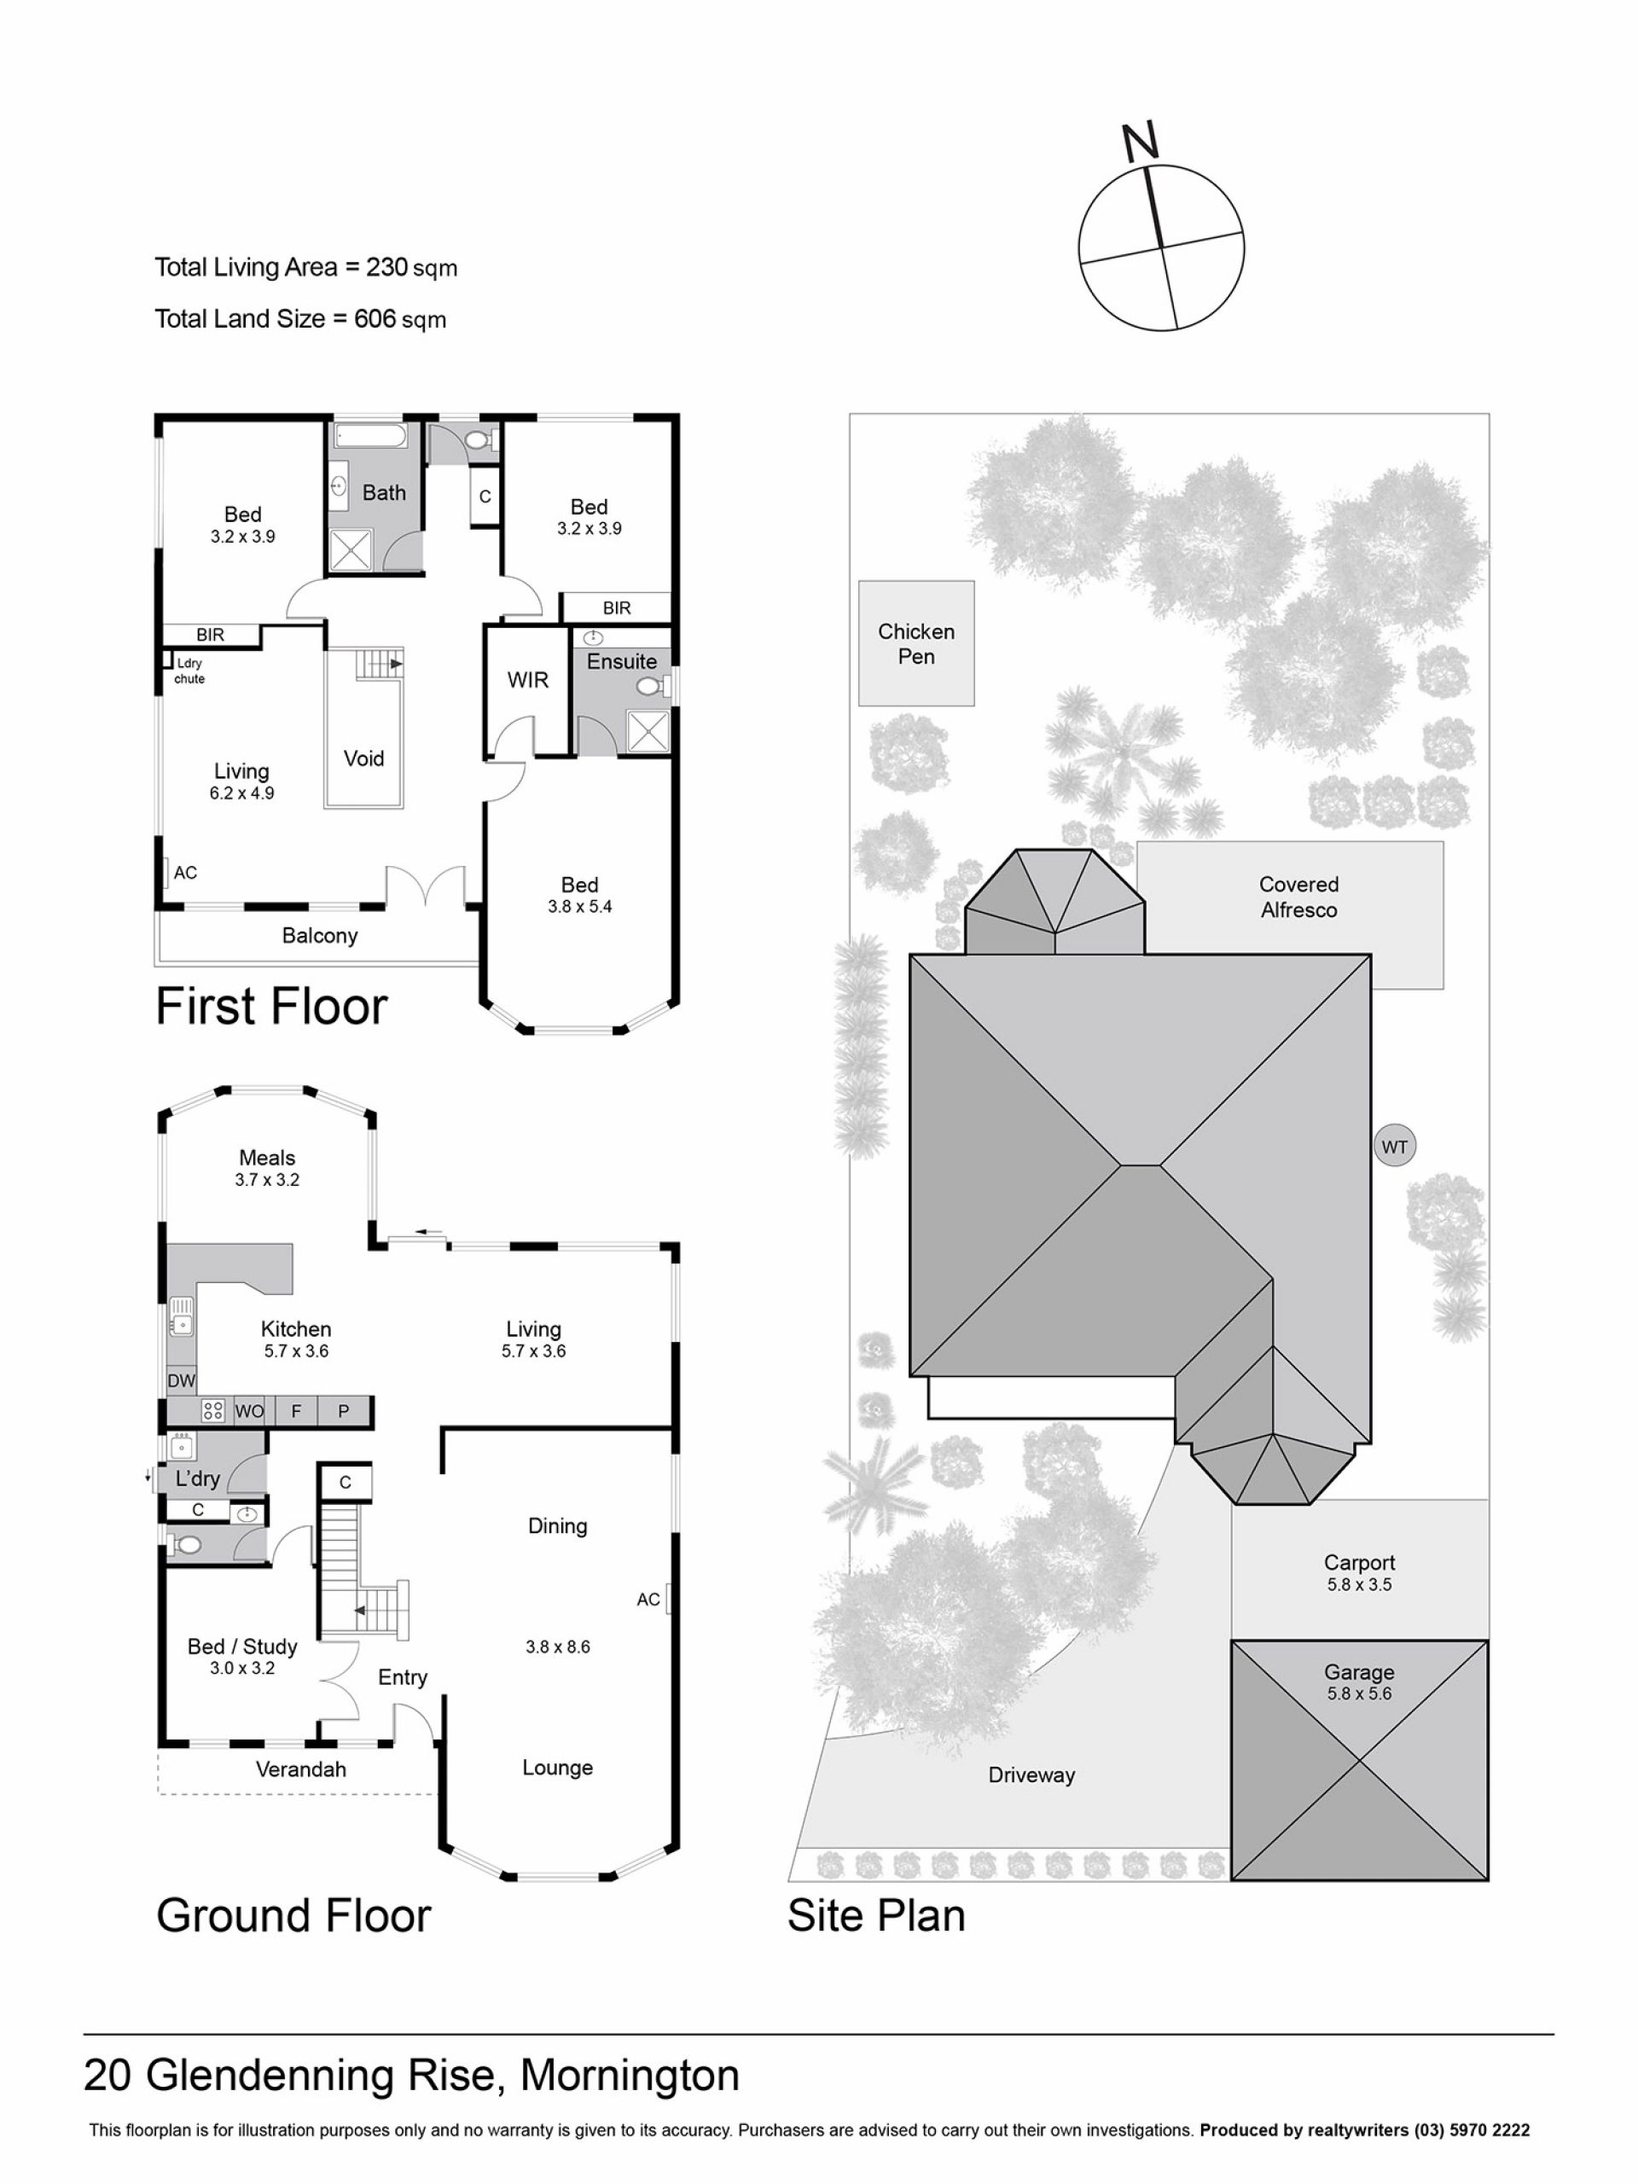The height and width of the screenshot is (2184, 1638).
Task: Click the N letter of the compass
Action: click(1141, 142)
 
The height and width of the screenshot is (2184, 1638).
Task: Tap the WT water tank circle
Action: click(1393, 1147)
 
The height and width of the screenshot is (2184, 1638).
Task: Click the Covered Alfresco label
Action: click(1298, 897)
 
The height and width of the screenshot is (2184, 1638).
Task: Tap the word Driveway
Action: click(1031, 1775)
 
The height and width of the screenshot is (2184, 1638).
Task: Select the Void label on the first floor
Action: click(363, 758)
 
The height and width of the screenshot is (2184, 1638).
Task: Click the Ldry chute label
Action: click(189, 671)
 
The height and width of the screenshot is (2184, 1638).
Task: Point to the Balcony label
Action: click(319, 936)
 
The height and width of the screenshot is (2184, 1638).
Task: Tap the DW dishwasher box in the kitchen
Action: click(182, 1380)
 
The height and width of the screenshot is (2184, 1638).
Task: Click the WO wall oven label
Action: click(250, 1412)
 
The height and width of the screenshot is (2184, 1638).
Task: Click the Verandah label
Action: click(301, 1769)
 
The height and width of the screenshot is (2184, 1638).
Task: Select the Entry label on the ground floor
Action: click(403, 1677)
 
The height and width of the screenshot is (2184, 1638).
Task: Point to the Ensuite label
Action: click(621, 661)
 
